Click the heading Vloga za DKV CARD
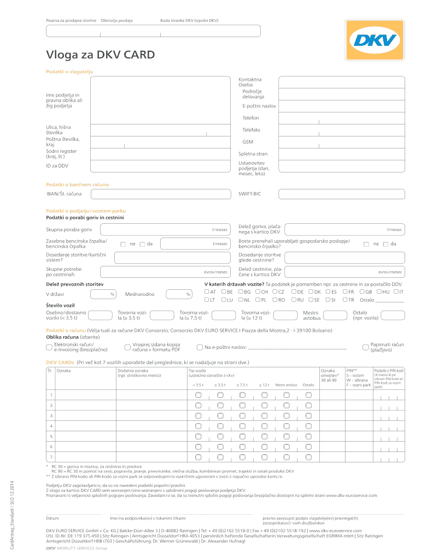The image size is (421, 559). pyautogui.click(x=100, y=55)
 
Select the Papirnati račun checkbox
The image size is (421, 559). pyautogui.click(x=366, y=347)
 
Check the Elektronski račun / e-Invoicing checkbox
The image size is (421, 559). pyautogui.click(x=49, y=347)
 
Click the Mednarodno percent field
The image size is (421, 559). pyautogui.click(x=178, y=294)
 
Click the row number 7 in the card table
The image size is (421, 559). pyautogui.click(x=51, y=456)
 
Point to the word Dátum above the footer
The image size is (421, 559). pyautogui.click(x=52, y=518)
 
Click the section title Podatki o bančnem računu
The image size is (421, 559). pyautogui.click(x=77, y=185)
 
